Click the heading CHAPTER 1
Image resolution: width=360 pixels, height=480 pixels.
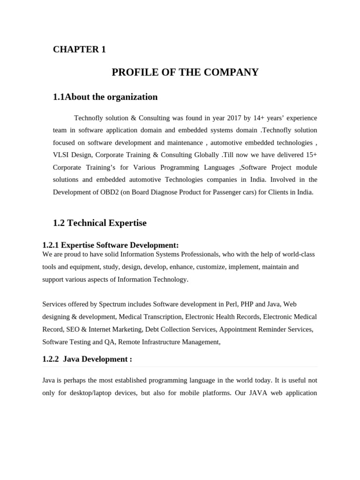click(x=79, y=49)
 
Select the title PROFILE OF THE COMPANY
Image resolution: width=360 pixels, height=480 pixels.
click(x=185, y=72)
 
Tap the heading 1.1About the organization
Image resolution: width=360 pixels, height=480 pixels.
click(x=105, y=97)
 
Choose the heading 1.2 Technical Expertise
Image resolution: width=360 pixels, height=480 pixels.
click(x=99, y=223)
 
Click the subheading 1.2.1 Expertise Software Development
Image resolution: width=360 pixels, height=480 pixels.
click(x=110, y=245)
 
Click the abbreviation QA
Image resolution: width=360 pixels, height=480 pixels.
click(x=109, y=342)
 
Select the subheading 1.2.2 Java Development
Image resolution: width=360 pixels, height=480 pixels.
click(x=87, y=359)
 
